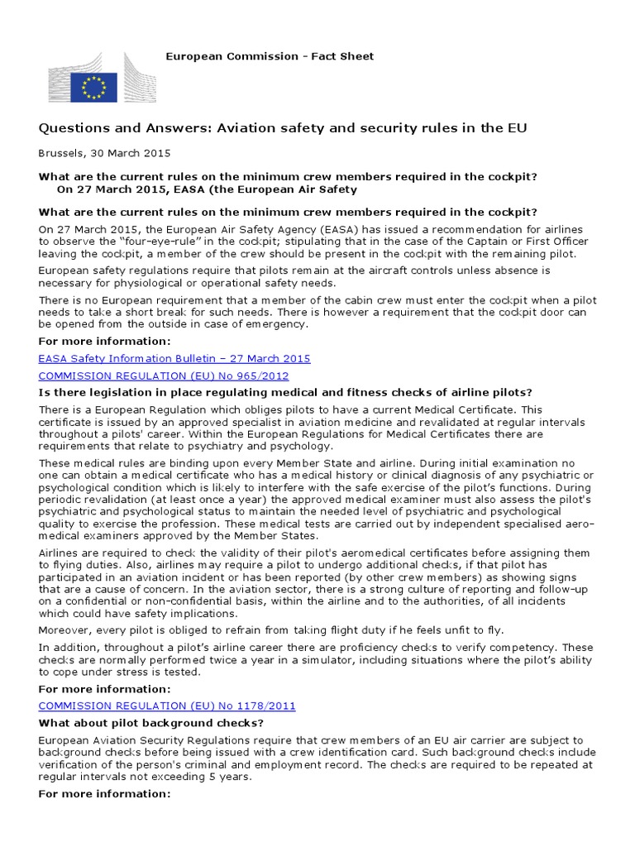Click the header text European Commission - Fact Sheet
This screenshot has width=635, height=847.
click(270, 56)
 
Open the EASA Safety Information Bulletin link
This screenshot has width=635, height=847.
click(174, 358)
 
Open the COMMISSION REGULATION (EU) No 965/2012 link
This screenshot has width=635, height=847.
click(164, 375)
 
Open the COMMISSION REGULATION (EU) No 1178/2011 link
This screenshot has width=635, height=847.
click(167, 706)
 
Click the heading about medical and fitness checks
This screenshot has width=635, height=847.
click(285, 391)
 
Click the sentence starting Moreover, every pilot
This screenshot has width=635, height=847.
click(270, 630)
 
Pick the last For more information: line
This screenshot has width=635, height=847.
click(104, 793)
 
